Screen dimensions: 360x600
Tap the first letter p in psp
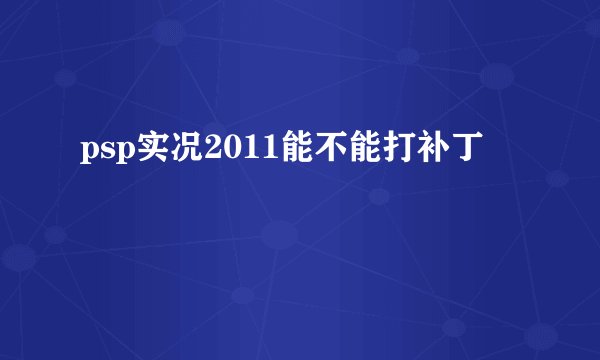85,153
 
